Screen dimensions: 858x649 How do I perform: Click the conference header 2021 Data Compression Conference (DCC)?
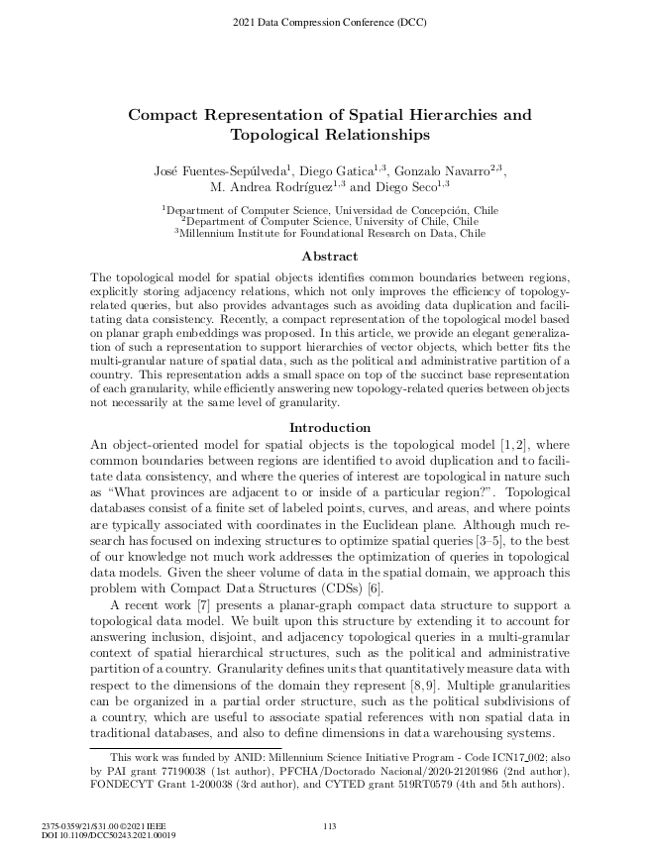coord(324,21)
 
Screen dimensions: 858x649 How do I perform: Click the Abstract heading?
coord(323,256)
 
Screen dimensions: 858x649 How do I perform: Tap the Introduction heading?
coord(323,427)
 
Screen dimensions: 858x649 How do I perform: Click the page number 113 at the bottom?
coord(331,826)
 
